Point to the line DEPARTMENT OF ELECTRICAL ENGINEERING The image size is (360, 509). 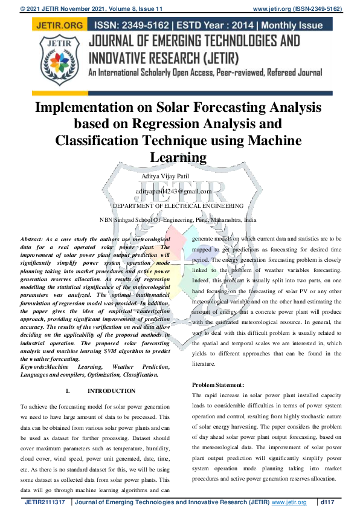point(178,206)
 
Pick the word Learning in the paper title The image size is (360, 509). point(178,157)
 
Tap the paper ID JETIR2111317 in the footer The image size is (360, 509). point(45,502)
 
